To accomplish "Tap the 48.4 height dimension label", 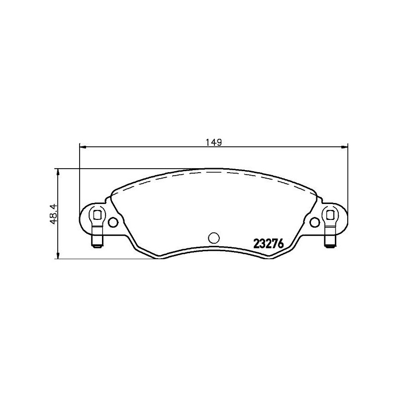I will [x=54, y=214].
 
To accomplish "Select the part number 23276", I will [x=268, y=244].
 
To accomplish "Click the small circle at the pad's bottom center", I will [x=213, y=238].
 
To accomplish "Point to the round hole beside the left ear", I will [x=113, y=222].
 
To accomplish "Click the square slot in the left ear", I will [x=97, y=215].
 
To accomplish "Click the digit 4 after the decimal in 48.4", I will [x=54, y=204].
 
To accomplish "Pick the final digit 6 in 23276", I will [x=280, y=244].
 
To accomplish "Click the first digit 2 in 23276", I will [x=257, y=244].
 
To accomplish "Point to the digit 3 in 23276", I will [x=263, y=244].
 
